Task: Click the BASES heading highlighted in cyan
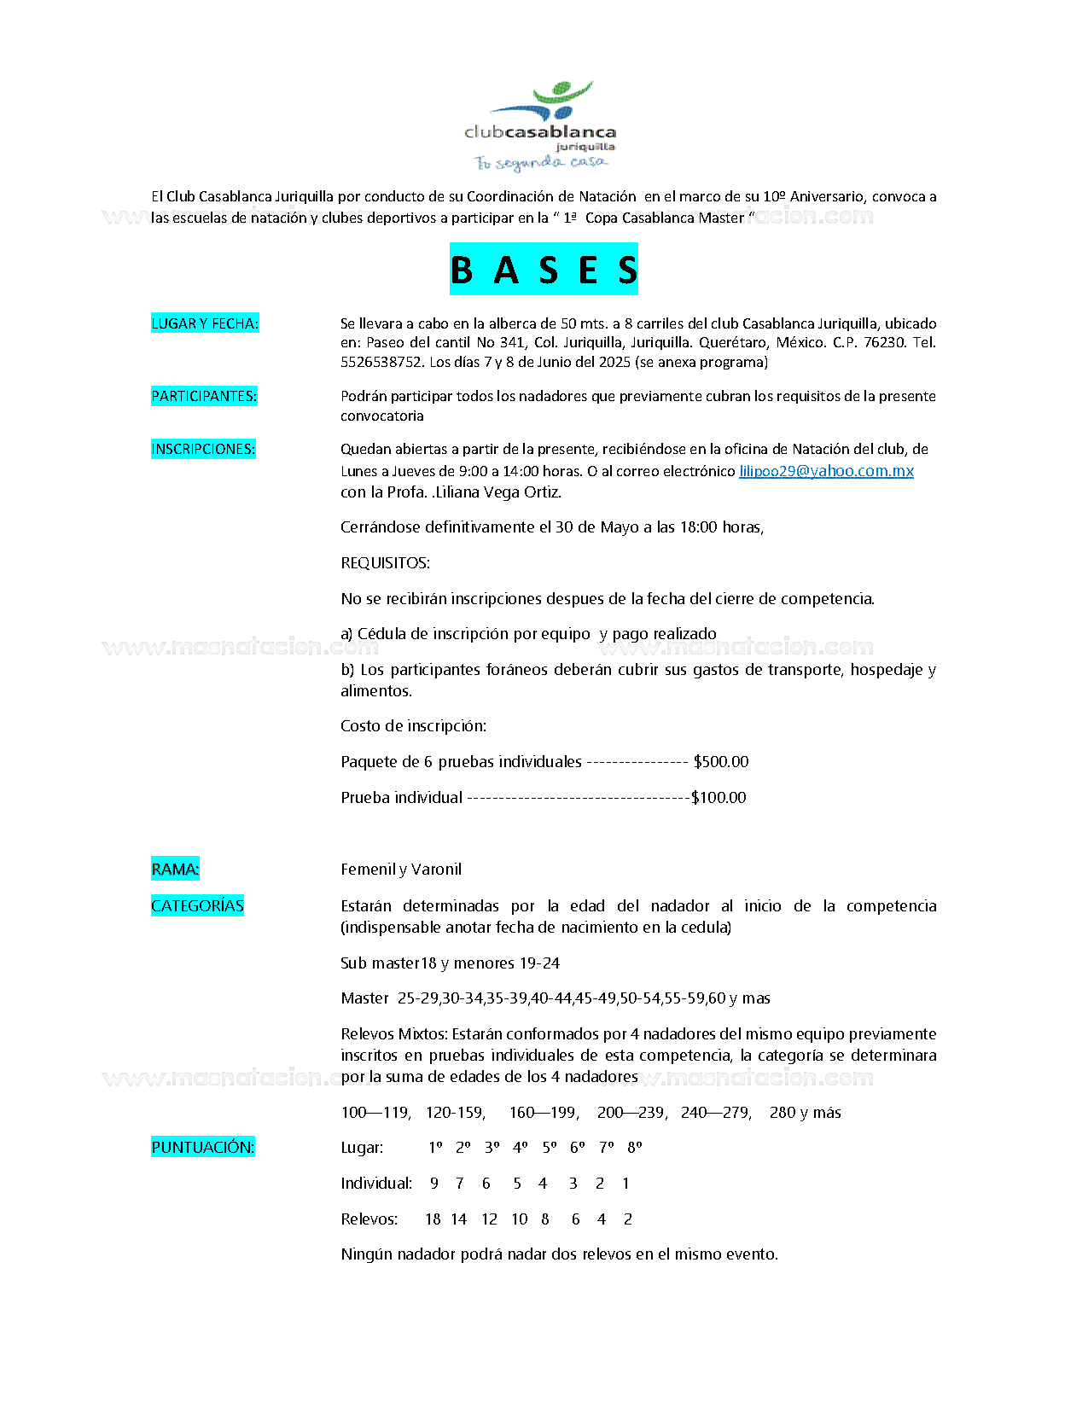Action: [544, 270]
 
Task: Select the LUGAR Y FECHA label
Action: [205, 323]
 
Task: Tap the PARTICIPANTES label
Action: [204, 396]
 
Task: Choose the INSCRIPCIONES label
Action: [203, 449]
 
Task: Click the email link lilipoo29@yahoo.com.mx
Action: [826, 471]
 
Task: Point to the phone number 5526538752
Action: [381, 362]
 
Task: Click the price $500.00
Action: [721, 761]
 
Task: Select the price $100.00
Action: [719, 797]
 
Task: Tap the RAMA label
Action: [175, 869]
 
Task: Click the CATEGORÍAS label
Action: [197, 905]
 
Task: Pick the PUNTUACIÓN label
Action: [203, 1147]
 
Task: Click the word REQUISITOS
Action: [385, 562]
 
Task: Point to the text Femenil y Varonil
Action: [401, 869]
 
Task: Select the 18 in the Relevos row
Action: [433, 1219]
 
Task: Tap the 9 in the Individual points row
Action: [434, 1183]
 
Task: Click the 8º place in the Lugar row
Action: [634, 1147]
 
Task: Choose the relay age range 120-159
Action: [456, 1112]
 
